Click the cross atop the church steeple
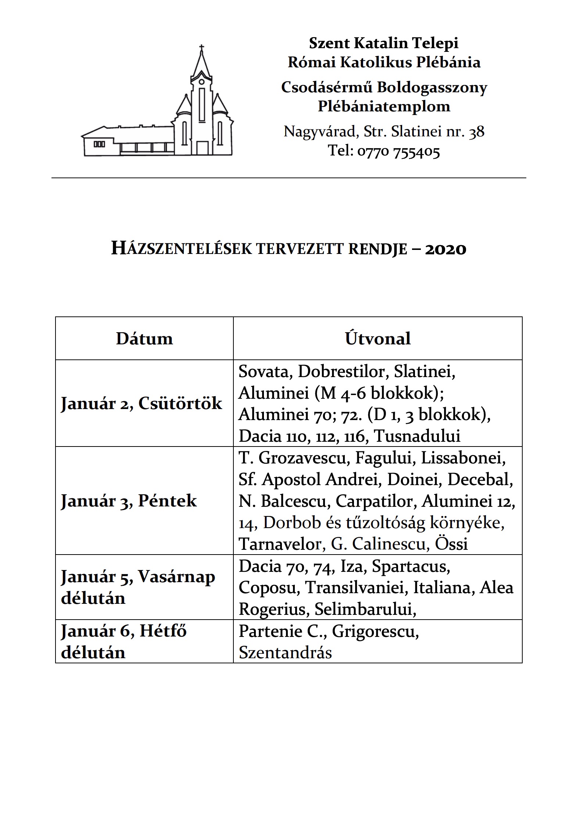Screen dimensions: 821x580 point(201,47)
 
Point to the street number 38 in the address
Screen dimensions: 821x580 point(477,132)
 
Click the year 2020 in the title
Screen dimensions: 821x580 point(445,249)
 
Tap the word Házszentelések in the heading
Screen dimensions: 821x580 point(182,249)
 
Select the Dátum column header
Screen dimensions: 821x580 point(144,338)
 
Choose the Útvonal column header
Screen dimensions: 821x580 point(377,338)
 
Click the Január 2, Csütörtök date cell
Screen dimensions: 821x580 point(142,404)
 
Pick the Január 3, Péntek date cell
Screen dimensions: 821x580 point(129,501)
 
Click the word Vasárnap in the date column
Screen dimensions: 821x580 point(176,577)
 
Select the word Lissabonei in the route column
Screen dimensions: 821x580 point(463,458)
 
